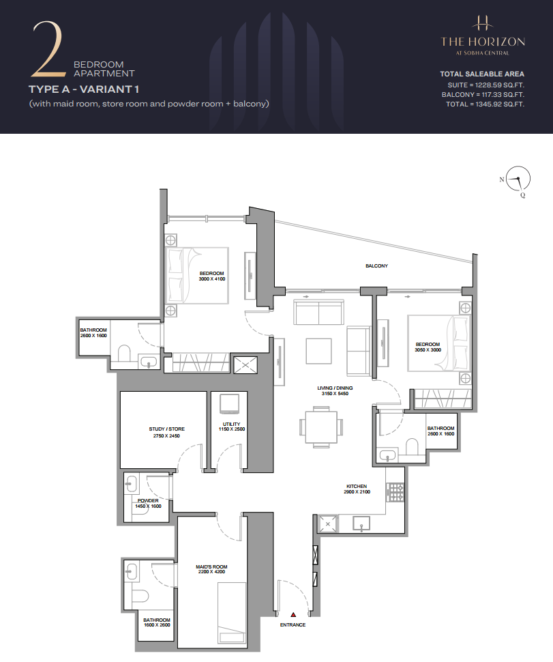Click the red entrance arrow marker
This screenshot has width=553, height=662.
pyautogui.click(x=293, y=615)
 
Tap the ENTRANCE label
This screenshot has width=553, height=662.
pyautogui.click(x=293, y=625)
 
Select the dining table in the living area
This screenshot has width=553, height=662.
pyautogui.click(x=321, y=427)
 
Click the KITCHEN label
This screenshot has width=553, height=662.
pyautogui.click(x=357, y=487)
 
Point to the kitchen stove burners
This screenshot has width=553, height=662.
pyautogui.click(x=395, y=492)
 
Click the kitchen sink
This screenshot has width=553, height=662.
pyautogui.click(x=361, y=523)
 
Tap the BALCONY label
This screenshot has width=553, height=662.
pyautogui.click(x=376, y=266)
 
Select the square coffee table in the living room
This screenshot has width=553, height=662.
pyautogui.click(x=319, y=351)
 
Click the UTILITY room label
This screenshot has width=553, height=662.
pyautogui.click(x=232, y=424)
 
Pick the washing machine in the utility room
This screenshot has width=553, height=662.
pyautogui.click(x=230, y=404)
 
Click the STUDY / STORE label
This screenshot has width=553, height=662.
pyautogui.click(x=166, y=429)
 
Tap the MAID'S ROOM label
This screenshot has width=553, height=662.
pyautogui.click(x=211, y=566)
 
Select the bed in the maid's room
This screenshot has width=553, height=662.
pyautogui.click(x=232, y=613)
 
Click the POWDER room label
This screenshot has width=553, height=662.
pyautogui.click(x=148, y=501)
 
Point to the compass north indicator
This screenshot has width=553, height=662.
pyautogui.click(x=502, y=179)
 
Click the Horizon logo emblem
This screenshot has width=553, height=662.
pyautogui.click(x=483, y=23)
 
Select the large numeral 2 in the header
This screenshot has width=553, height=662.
pyautogui.click(x=48, y=49)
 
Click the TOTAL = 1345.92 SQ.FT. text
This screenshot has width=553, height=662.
pyautogui.click(x=485, y=104)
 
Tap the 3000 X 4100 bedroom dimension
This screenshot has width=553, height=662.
pyautogui.click(x=212, y=279)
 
